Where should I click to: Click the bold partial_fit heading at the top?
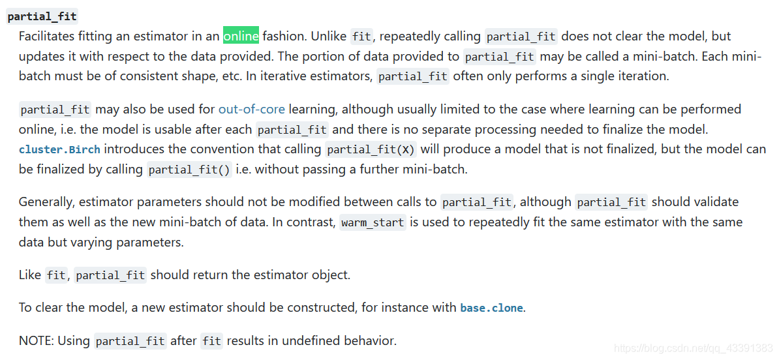point(42,16)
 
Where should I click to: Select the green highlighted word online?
point(241,35)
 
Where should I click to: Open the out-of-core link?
point(251,109)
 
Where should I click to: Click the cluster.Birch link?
point(59,149)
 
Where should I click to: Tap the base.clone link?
point(491,308)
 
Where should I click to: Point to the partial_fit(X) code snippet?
point(371,149)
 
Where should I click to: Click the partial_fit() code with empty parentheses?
point(189,170)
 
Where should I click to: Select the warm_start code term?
point(373,222)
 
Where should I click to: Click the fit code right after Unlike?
point(362,37)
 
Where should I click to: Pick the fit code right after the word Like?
point(56,275)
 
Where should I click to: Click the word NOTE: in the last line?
point(37,340)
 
